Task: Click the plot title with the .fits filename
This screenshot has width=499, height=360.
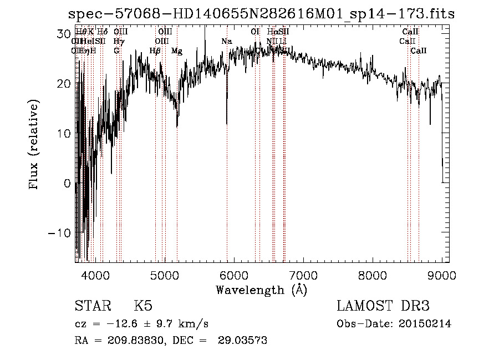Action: pyautogui.click(x=261, y=14)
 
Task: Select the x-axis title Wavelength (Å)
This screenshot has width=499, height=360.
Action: pyautogui.click(x=261, y=290)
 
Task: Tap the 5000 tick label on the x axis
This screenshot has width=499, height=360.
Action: pyautogui.click(x=165, y=275)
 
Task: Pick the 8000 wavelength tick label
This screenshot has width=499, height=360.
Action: pyautogui.click(x=373, y=275)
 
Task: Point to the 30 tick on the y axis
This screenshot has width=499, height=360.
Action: pyautogui.click(x=63, y=33)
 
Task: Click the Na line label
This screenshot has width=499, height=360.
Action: pyautogui.click(x=226, y=42)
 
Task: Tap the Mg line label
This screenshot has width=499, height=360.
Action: pyautogui.click(x=177, y=51)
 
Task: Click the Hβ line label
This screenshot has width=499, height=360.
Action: pyautogui.click(x=155, y=51)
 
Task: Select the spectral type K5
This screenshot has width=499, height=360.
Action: pyautogui.click(x=143, y=306)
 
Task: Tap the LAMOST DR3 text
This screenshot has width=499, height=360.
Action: pyautogui.click(x=383, y=306)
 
